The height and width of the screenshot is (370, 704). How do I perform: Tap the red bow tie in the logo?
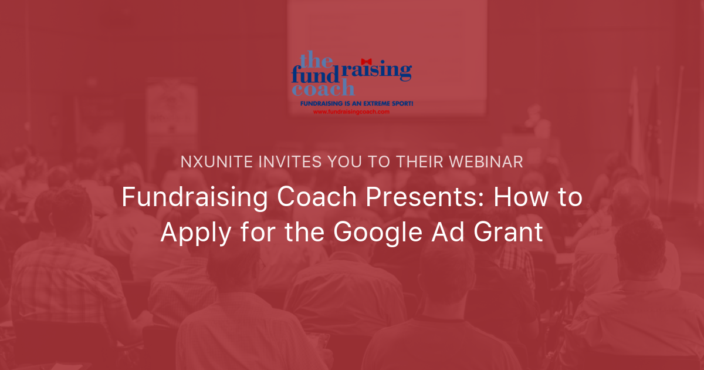tap(367, 60)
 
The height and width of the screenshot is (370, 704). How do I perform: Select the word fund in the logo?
tap(314, 75)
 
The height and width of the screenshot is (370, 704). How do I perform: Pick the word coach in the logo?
tap(323, 90)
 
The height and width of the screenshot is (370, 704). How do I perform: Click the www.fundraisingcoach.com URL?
tap(351, 112)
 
